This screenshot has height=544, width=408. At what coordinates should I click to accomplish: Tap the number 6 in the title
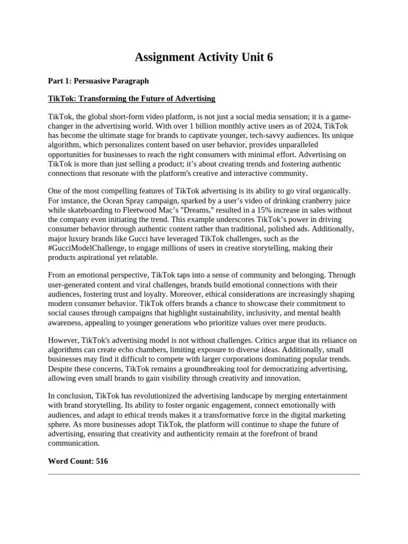pyautogui.click(x=269, y=57)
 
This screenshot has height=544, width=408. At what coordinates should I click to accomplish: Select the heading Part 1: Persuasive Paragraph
pyautogui.click(x=98, y=81)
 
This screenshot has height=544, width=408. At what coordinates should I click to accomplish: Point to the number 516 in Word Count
pyautogui.click(x=101, y=461)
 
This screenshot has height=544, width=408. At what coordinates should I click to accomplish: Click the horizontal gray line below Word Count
pyautogui.click(x=204, y=474)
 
